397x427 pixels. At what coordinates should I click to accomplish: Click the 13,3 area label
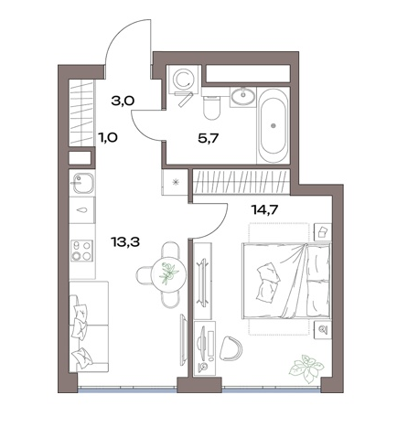click(x=125, y=242)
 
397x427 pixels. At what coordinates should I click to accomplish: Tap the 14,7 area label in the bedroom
click(x=264, y=209)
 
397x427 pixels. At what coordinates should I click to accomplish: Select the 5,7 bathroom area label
click(x=209, y=139)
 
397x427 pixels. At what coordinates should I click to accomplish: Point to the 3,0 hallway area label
click(x=123, y=101)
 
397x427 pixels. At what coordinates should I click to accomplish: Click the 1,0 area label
click(x=108, y=137)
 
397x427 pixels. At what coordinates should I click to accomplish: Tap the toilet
click(x=211, y=106)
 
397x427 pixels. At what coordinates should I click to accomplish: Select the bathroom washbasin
click(x=243, y=96)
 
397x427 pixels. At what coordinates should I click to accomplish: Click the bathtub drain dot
click(x=274, y=125)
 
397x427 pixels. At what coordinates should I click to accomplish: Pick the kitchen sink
click(x=82, y=183)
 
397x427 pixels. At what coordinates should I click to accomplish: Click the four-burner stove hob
click(x=81, y=251)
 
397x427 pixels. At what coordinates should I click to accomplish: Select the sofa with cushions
click(x=89, y=326)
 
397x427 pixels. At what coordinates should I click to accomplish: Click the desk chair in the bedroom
click(x=231, y=348)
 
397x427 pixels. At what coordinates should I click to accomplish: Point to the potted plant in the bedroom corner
click(x=306, y=368)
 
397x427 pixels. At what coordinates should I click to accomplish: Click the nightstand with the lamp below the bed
click(x=323, y=328)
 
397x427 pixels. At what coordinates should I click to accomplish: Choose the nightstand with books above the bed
click(x=323, y=232)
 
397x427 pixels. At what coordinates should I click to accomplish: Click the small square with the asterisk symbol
click(x=175, y=182)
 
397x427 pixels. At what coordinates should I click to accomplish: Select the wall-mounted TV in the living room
click(x=184, y=340)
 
